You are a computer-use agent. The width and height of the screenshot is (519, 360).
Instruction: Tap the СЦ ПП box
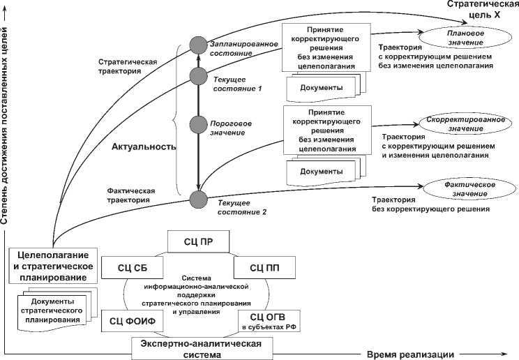(x=264, y=267)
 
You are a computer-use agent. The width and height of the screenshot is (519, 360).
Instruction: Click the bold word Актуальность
(x=142, y=147)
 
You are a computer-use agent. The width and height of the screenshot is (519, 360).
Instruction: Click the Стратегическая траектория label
(x=128, y=66)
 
